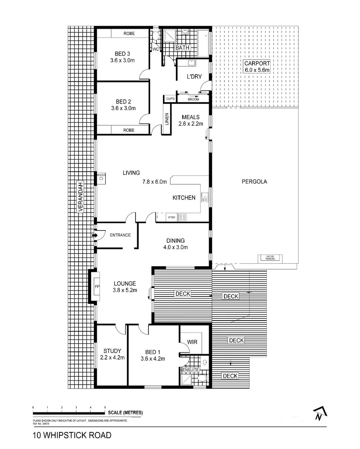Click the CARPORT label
[x=257, y=64]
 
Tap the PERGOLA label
[x=254, y=182]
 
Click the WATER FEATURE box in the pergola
[x=270, y=258]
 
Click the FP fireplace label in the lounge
[x=97, y=287]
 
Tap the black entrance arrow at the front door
[x=94, y=236]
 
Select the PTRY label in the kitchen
[x=171, y=217]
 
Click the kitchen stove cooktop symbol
[x=182, y=217]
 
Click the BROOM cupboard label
[x=193, y=99]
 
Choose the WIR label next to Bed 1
[x=192, y=342]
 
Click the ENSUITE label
[x=190, y=370]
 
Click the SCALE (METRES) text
[x=125, y=413]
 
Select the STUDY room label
[x=113, y=351]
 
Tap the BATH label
[x=182, y=48]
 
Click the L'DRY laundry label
[x=194, y=76]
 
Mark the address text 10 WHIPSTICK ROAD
[x=72, y=436]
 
